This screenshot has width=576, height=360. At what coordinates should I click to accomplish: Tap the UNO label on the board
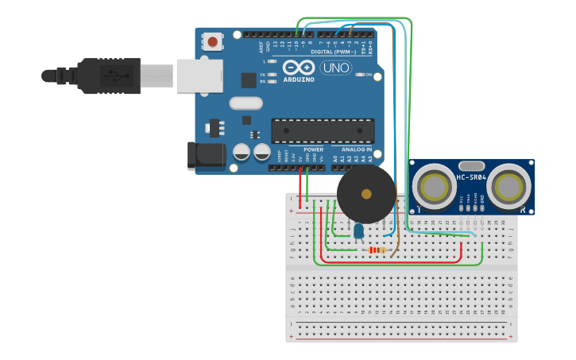334,68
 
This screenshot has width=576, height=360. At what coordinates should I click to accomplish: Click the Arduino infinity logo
299,68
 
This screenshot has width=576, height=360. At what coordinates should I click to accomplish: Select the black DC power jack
205,156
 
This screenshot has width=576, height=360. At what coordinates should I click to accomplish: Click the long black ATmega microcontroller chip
323,131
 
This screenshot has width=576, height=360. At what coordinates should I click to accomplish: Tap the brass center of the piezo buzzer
365,193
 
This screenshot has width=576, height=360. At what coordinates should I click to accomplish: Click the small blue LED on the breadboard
358,230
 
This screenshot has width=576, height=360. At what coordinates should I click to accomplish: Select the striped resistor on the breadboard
376,250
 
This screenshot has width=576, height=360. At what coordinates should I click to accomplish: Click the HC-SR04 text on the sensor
472,177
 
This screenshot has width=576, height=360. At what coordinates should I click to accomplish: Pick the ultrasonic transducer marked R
508,187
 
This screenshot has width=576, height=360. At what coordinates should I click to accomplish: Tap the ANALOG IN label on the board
357,149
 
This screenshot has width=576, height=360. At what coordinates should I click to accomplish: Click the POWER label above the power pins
313,149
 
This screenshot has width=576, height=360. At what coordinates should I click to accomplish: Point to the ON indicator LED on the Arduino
359,75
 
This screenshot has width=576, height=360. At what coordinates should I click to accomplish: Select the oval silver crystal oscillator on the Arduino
245,103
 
